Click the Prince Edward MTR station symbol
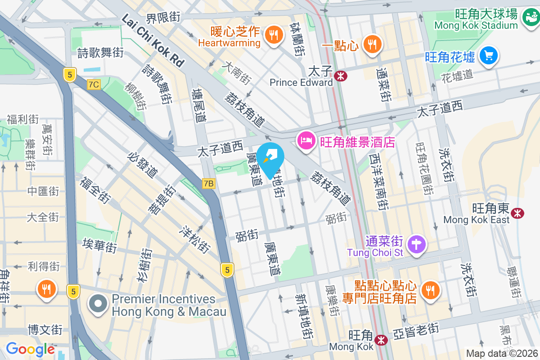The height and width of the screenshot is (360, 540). click(x=341, y=76)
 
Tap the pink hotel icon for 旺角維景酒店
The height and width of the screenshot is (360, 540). click(x=306, y=141)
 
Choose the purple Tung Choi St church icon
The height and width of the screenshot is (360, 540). click(x=417, y=245)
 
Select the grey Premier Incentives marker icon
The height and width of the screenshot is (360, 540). click(x=98, y=305)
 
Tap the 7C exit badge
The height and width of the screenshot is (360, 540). click(x=94, y=84)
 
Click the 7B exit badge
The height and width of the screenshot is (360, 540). click(x=208, y=184)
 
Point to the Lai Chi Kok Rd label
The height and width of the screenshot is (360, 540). click(x=153, y=40)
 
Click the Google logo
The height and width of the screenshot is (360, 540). click(x=30, y=349)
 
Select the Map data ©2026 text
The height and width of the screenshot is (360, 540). click(x=501, y=353)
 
